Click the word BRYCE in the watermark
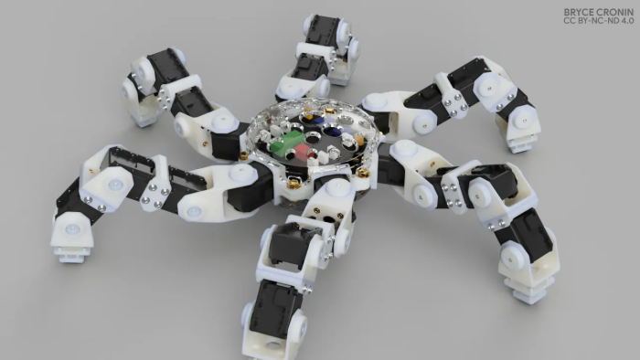579,12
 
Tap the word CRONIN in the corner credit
615,12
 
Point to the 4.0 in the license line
626,20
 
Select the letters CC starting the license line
569,20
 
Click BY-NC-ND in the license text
596,20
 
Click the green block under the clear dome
285,142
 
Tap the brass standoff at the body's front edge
293,184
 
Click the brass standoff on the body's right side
362,174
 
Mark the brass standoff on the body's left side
244,155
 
